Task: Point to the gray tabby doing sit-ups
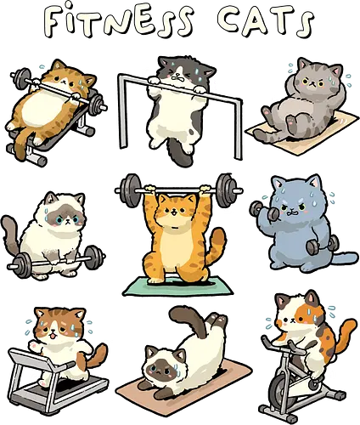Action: (301, 98)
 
